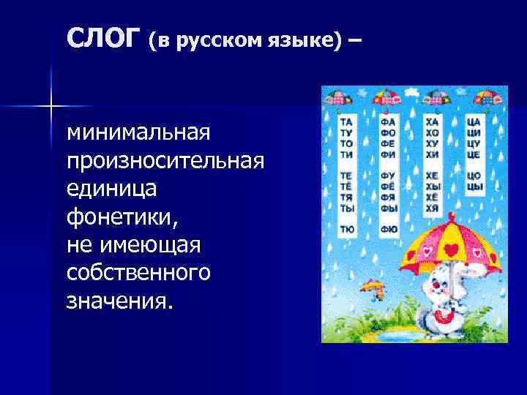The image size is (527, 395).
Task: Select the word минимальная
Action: pyautogui.click(x=138, y=133)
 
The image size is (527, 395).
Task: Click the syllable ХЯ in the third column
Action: pyautogui.click(x=433, y=208)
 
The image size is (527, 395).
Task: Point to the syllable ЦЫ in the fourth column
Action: pyautogui.click(x=475, y=186)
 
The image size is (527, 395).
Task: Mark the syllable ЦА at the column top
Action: pyautogui.click(x=474, y=121)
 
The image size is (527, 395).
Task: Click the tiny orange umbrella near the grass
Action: pyautogui.click(x=373, y=287)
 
